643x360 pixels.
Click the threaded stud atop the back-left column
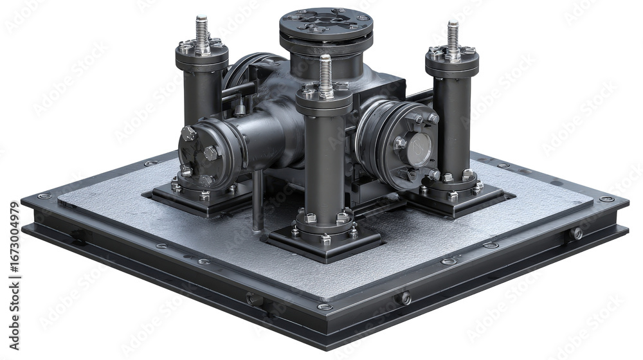202,31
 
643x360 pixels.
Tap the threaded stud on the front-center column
325,72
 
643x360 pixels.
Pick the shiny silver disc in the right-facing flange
419,150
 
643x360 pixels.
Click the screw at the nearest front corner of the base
325,307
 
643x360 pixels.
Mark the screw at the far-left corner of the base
44,196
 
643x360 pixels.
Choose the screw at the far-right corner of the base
606,199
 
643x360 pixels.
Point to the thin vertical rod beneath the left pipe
258,199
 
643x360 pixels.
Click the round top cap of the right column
452,60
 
